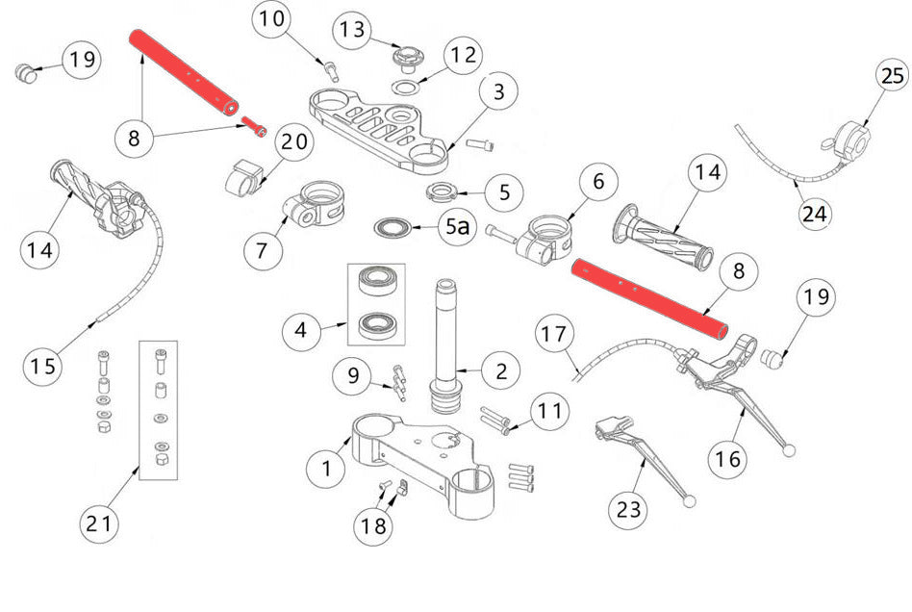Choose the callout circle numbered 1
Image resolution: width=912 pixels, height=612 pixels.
327,469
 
